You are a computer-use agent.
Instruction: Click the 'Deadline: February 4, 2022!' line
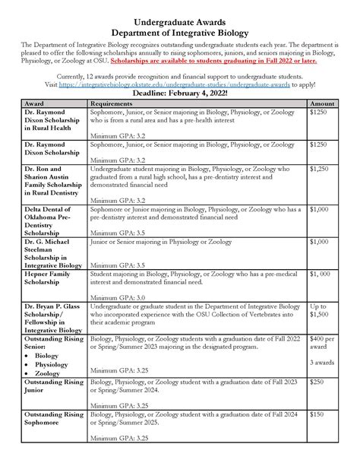point(180,113)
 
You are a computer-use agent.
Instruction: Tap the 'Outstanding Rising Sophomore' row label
point(53,420)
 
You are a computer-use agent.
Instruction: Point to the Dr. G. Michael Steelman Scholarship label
point(50,253)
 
